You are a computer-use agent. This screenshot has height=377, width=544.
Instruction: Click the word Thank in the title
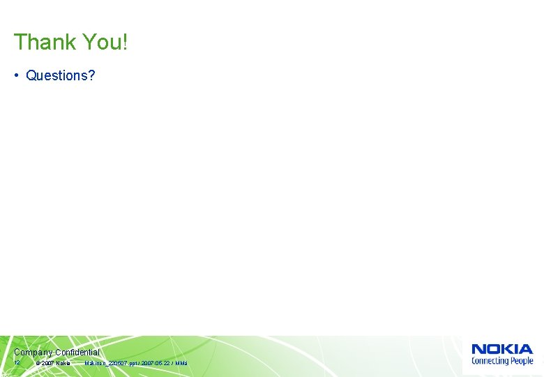click(45, 42)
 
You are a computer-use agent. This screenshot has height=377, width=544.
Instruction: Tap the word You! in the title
click(105, 42)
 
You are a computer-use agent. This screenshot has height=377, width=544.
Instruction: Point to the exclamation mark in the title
click(126, 42)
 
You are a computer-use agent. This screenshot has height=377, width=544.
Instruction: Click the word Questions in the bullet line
click(56, 75)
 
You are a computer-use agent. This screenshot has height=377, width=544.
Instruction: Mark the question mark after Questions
click(91, 75)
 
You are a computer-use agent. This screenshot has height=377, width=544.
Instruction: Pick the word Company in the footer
click(33, 353)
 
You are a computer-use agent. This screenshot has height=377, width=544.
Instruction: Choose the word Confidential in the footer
click(77, 353)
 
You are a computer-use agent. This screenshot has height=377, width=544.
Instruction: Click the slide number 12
click(17, 363)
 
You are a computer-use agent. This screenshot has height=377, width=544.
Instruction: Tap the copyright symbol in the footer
click(38, 364)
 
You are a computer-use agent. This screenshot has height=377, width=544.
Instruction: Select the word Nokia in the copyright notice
click(63, 364)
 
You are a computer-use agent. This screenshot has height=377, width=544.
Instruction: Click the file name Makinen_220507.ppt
click(111, 364)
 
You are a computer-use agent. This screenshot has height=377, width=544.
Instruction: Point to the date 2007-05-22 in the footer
click(156, 364)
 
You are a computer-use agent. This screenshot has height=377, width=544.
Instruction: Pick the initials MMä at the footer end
click(181, 364)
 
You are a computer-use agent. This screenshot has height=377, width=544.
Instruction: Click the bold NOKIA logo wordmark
click(502, 349)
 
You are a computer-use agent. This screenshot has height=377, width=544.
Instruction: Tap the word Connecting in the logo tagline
click(490, 361)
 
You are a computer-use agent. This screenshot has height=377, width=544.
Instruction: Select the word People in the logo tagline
click(522, 361)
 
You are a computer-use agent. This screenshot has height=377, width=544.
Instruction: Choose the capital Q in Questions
click(31, 75)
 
